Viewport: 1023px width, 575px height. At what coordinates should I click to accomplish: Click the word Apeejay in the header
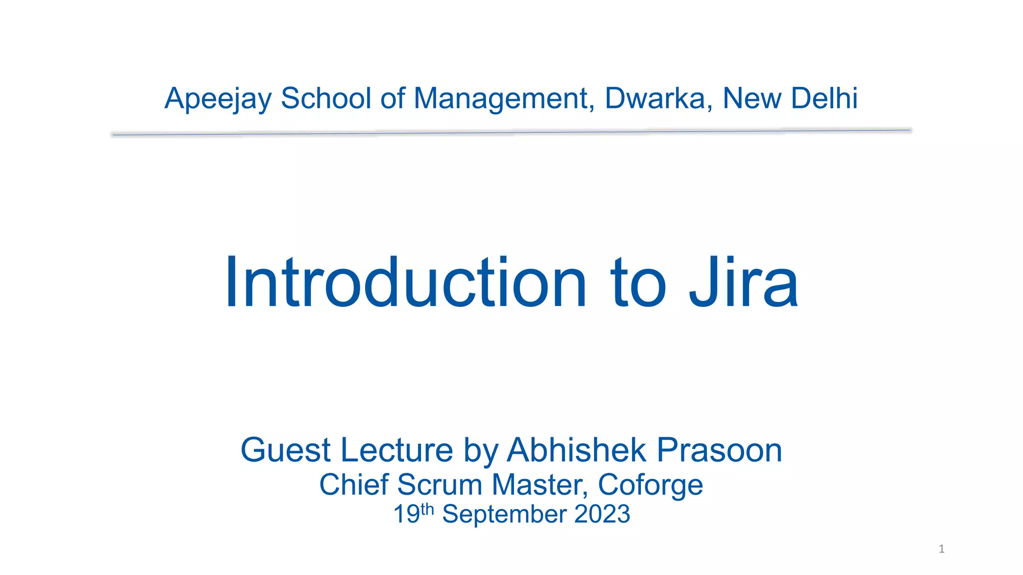(x=218, y=99)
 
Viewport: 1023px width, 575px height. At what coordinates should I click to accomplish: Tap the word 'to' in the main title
(x=638, y=284)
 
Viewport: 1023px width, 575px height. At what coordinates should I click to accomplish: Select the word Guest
(x=286, y=450)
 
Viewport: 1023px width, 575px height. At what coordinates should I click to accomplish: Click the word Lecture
(x=397, y=450)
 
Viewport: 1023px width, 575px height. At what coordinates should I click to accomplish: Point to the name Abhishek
(x=576, y=450)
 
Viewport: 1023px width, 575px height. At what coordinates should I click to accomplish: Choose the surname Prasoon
(x=719, y=450)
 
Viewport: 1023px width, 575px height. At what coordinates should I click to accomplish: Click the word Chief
(x=354, y=485)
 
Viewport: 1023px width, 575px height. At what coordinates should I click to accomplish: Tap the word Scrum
(x=440, y=485)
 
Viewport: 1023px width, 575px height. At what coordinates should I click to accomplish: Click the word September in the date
(x=504, y=515)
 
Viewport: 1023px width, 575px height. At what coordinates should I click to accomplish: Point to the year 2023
(x=602, y=514)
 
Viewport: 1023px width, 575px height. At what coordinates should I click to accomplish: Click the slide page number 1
(x=942, y=549)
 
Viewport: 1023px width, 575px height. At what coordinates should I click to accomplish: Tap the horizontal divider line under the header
(x=511, y=132)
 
